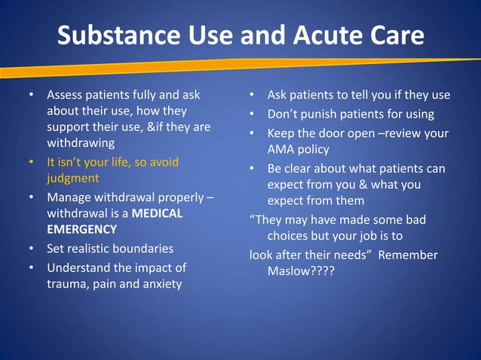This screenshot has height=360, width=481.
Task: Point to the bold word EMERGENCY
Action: tap(82, 229)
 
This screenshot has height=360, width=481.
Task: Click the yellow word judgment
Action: tap(73, 179)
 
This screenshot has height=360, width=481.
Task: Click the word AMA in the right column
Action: tap(280, 149)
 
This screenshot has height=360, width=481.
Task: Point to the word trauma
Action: tap(69, 284)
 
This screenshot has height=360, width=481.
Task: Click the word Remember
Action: tap(407, 255)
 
